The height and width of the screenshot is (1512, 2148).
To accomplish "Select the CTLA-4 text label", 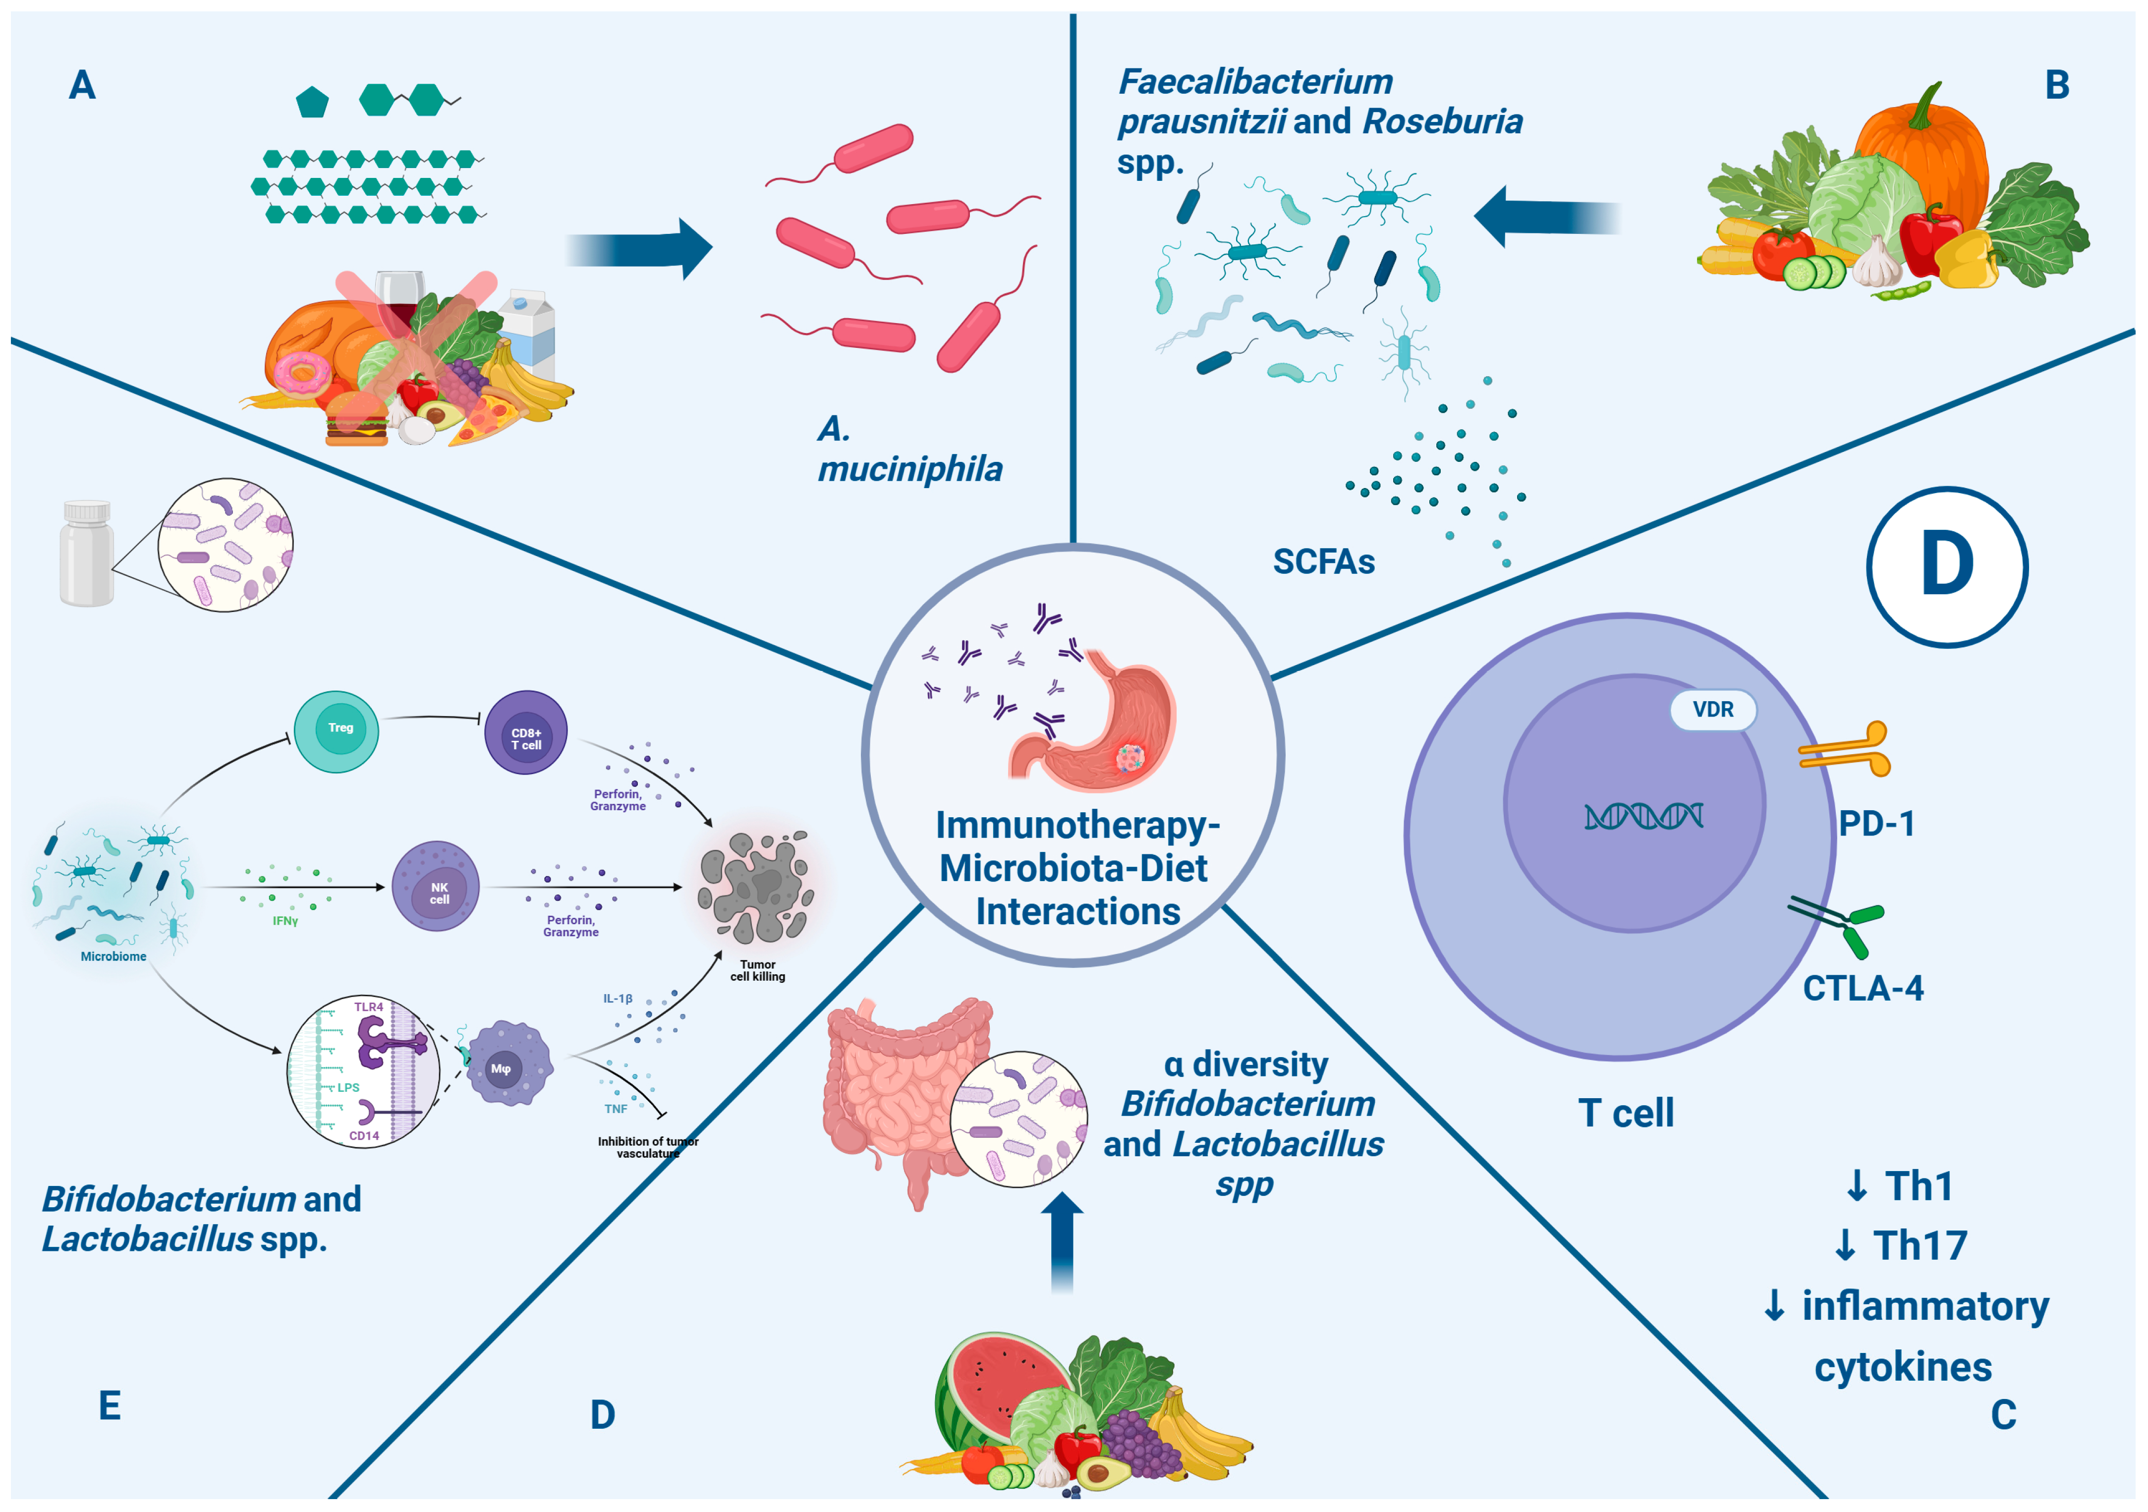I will (1863, 988).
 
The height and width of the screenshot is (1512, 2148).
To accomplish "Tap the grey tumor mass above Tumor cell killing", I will (754, 885).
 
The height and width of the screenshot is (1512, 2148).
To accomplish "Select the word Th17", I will (1920, 1245).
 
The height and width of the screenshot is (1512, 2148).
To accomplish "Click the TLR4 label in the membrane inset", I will (369, 1007).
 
